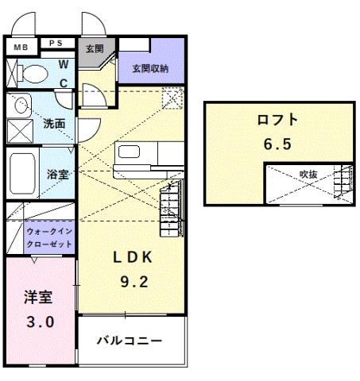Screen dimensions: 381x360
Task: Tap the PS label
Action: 57,44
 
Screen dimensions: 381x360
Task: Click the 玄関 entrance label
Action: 95,48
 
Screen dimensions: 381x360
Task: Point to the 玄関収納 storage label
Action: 150,68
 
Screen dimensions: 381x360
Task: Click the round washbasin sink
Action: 21,104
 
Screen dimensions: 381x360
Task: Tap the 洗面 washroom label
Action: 54,124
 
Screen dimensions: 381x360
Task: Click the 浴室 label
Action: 56,174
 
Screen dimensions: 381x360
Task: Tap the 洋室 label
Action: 37,298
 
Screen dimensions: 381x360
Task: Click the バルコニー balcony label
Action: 130,341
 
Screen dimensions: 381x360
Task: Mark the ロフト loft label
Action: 277,120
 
